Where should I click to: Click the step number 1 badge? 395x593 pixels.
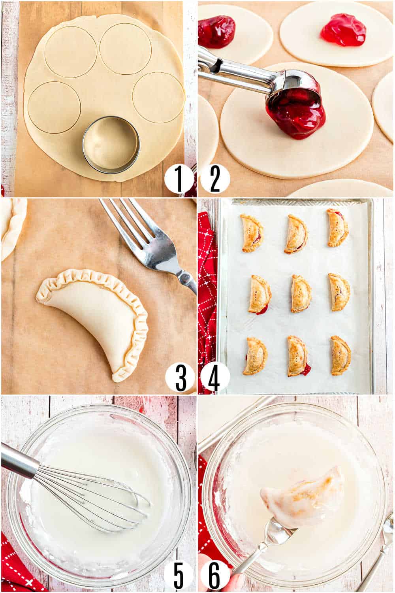179,179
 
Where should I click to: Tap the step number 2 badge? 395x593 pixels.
215,179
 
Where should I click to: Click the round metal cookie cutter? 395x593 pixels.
111,145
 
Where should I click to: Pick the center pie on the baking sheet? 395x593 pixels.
301,294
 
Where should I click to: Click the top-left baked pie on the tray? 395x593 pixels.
251,233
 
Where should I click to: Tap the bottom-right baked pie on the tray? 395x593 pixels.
341,355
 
